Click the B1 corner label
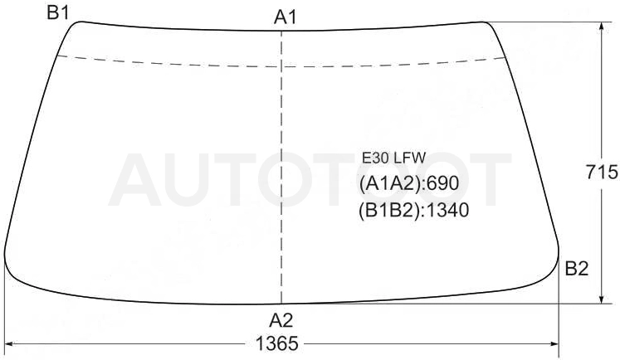point(58,12)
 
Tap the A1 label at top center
point(285,17)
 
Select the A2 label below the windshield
point(281,320)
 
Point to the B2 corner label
point(577,269)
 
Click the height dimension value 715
point(602,172)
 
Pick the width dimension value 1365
point(276,343)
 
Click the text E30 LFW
point(393,158)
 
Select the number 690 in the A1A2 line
point(443,183)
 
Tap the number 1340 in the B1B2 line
point(448,210)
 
